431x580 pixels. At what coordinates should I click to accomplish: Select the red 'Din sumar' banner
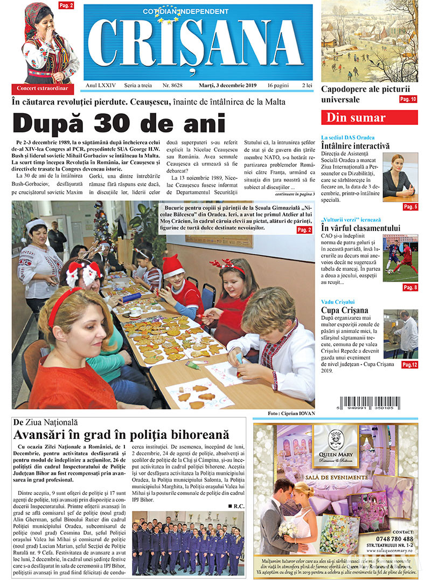point(369,118)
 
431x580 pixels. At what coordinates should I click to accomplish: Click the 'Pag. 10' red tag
point(408,100)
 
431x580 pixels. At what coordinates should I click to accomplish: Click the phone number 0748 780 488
point(395,539)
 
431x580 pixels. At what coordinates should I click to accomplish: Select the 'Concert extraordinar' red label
point(43,88)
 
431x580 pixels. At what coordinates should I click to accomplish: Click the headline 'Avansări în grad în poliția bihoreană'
point(122,435)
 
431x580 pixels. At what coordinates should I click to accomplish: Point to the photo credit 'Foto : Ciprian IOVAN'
point(290,414)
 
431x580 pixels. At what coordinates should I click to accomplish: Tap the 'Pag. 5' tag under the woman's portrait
point(410,207)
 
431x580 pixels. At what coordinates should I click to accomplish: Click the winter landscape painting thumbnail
point(370,41)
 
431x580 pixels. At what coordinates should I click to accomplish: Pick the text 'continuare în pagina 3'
point(294,193)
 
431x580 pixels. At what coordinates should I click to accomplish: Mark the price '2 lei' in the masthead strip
point(307,86)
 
